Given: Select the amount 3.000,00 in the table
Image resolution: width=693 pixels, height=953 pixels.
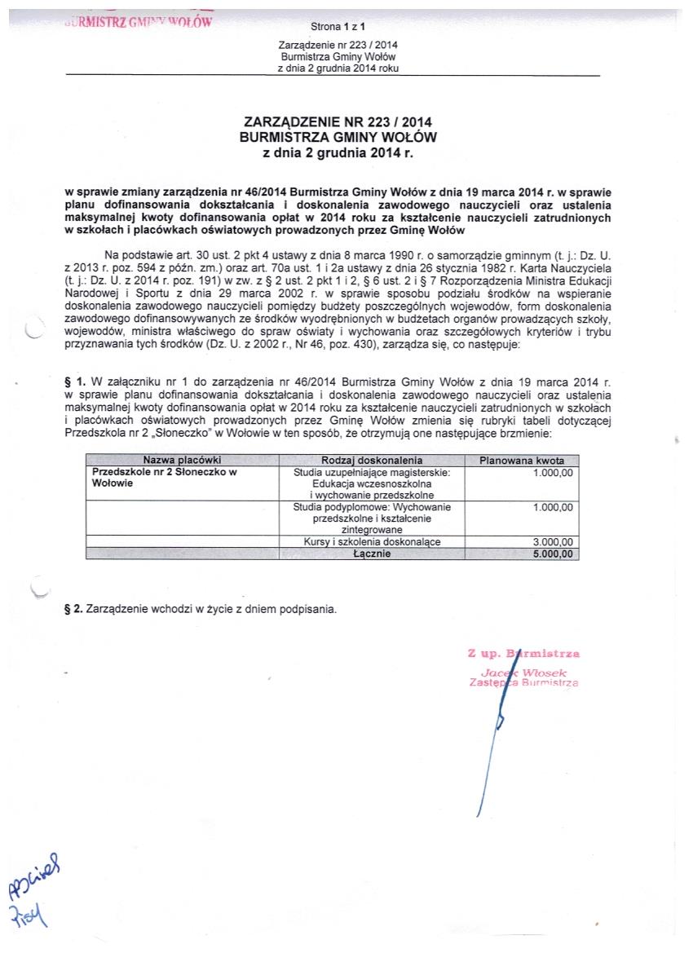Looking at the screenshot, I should (553, 541).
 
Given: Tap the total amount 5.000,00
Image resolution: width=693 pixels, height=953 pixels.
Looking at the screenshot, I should (553, 553).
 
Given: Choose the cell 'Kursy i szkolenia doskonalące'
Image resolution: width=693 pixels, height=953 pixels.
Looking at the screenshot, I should (371, 541).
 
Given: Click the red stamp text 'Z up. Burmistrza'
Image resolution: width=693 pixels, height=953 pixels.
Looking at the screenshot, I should (523, 653).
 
